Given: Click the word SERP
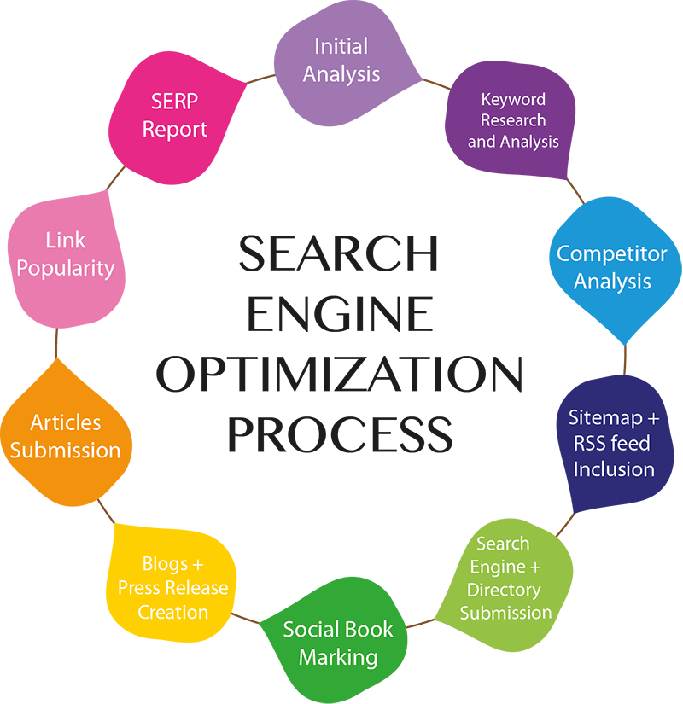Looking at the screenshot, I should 175,102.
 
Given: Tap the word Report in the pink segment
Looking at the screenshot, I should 175,130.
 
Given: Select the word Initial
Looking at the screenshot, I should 341,46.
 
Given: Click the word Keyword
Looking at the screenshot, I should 513,100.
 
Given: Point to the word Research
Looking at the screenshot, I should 513,120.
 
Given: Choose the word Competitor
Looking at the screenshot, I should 611,253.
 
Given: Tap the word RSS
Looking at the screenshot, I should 590,444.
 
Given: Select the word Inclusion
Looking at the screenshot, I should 614,469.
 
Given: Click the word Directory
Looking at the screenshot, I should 504,590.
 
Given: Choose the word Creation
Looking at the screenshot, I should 173,612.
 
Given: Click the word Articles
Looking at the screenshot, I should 66,422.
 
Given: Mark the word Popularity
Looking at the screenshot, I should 66,268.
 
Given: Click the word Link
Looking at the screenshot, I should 66,241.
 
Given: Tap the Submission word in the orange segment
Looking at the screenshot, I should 66,450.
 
